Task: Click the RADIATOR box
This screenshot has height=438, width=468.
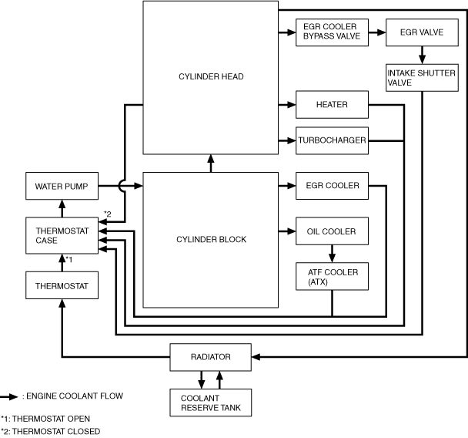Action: pos(210,357)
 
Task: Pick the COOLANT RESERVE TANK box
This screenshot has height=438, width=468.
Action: pos(210,402)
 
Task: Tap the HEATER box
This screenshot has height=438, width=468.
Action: pos(331,104)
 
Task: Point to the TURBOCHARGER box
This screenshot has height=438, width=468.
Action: pos(331,140)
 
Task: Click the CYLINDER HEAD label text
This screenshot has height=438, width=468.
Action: pos(210,76)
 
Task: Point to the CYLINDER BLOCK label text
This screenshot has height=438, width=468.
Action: pos(210,239)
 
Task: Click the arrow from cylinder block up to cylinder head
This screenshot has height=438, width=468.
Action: pos(210,163)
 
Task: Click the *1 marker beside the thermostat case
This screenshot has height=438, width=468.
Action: pos(69,259)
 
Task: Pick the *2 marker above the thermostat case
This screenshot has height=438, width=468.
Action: pos(109,214)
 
